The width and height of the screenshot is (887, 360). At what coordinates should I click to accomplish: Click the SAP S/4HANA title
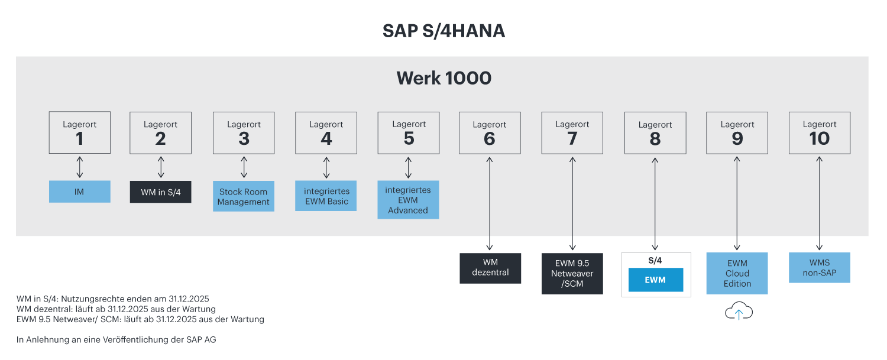click(444, 31)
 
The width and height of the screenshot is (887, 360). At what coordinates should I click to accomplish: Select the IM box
click(79, 192)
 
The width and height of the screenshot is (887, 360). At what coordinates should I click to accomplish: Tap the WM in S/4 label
click(161, 192)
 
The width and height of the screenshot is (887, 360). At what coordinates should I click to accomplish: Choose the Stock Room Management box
click(243, 196)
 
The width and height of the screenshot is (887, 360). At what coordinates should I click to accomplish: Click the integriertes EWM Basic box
click(326, 196)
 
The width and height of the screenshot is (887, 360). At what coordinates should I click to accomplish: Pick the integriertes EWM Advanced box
click(408, 200)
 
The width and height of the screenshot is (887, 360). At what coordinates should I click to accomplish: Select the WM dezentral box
click(490, 268)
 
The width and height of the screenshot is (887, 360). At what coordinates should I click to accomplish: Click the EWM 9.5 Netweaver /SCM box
click(572, 273)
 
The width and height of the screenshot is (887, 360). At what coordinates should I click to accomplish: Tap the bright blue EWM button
click(655, 280)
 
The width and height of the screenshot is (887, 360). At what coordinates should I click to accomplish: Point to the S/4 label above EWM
click(655, 260)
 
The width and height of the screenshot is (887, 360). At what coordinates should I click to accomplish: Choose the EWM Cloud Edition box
click(737, 273)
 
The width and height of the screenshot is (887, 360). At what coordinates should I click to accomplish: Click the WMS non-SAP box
click(819, 268)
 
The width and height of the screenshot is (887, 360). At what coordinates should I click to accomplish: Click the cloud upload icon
click(739, 311)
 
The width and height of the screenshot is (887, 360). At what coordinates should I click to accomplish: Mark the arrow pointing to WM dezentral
click(490, 244)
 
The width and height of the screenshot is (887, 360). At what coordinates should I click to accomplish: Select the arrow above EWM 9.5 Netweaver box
click(572, 244)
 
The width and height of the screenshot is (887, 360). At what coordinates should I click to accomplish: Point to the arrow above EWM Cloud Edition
click(737, 244)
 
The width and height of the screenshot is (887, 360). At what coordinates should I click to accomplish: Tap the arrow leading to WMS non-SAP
click(819, 244)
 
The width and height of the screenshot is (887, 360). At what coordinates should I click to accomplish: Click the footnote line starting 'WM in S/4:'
click(112, 299)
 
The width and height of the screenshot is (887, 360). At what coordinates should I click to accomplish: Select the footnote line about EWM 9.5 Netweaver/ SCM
click(140, 319)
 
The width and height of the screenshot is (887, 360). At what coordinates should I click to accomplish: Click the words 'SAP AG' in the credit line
click(203, 340)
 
